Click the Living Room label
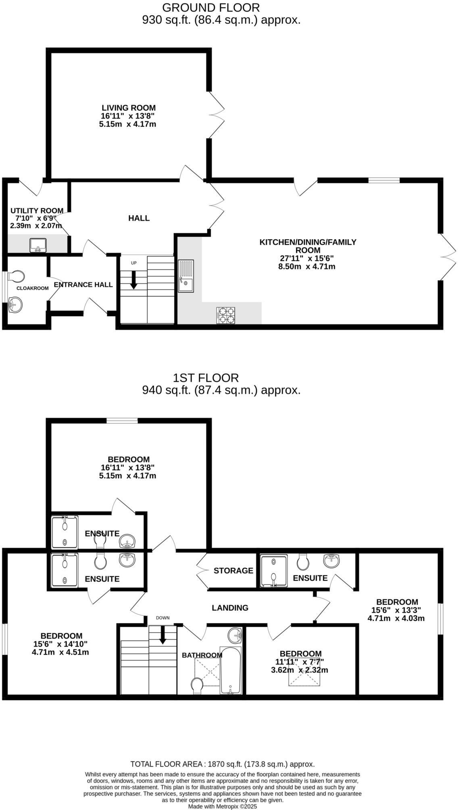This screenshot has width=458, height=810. click(x=128, y=108)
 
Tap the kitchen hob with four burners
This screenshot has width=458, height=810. click(x=226, y=315)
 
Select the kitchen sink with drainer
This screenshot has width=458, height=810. click(x=186, y=276)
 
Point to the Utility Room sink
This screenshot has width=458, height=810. click(x=38, y=245)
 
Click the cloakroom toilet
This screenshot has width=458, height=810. click(x=16, y=276)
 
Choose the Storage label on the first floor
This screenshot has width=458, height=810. click(x=233, y=570)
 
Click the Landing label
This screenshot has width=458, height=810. click(x=230, y=607)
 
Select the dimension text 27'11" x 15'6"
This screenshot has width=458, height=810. click(x=307, y=258)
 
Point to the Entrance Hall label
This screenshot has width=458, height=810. click(x=83, y=284)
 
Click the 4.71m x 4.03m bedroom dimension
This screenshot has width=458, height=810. click(x=396, y=618)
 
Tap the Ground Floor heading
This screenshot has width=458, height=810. click(x=211, y=7)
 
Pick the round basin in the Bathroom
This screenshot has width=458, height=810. click(x=235, y=636)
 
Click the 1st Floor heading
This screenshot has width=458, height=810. click(x=206, y=378)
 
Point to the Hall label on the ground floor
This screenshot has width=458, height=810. click(x=139, y=218)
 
